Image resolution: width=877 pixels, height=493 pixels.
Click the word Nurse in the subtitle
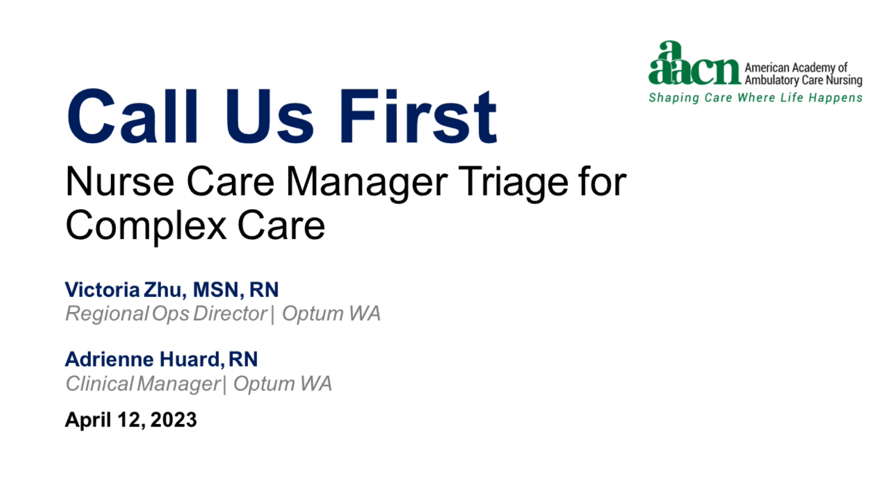(120, 182)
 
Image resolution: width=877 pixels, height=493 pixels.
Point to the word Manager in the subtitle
(366, 182)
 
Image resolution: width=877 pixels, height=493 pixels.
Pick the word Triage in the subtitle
(513, 182)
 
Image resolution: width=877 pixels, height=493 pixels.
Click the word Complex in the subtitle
(146, 225)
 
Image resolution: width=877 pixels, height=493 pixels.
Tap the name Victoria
(102, 289)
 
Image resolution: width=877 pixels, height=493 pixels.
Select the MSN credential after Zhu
(216, 289)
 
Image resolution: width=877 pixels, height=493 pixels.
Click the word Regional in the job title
(107, 314)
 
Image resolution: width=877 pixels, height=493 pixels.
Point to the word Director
(230, 314)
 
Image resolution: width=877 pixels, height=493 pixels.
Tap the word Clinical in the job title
(99, 383)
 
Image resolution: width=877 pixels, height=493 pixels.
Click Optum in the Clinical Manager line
(264, 383)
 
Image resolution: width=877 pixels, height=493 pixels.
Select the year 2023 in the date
(174, 420)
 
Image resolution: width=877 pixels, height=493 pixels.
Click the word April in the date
(88, 420)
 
